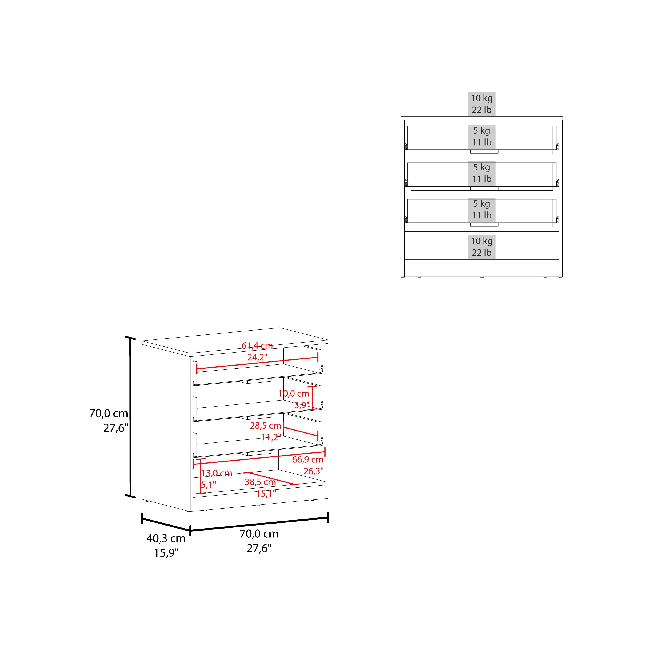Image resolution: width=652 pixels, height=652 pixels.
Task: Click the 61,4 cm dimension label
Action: coord(257,346)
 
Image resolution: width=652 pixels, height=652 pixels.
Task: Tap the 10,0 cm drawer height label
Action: coord(294,394)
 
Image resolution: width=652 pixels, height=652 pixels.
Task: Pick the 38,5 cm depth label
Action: coord(260,482)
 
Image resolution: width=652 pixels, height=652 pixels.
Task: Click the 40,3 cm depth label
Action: coord(166,538)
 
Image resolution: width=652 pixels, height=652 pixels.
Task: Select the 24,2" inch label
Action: coord(257,357)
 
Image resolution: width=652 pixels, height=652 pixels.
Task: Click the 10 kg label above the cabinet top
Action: coord(482,98)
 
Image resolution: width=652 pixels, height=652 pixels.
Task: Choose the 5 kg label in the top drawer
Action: coord(482,131)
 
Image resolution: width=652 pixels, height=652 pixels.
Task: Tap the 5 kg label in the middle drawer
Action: coord(482,167)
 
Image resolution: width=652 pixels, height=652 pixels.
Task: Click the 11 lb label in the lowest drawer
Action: coord(482,215)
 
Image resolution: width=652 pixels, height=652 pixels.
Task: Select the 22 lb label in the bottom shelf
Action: coord(482,252)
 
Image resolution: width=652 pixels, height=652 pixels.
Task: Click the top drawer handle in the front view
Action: coord(484,152)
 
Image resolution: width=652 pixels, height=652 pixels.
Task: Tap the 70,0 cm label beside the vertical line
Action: coord(109,413)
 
